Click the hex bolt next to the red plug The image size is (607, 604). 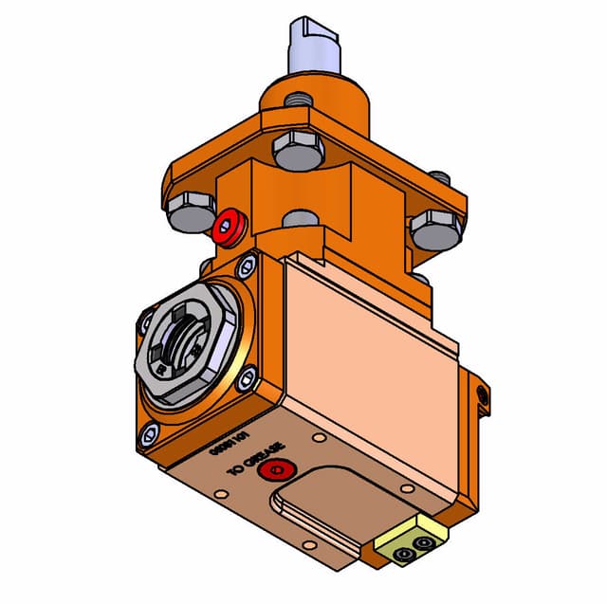point(191,210)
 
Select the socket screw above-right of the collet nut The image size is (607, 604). point(248,265)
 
